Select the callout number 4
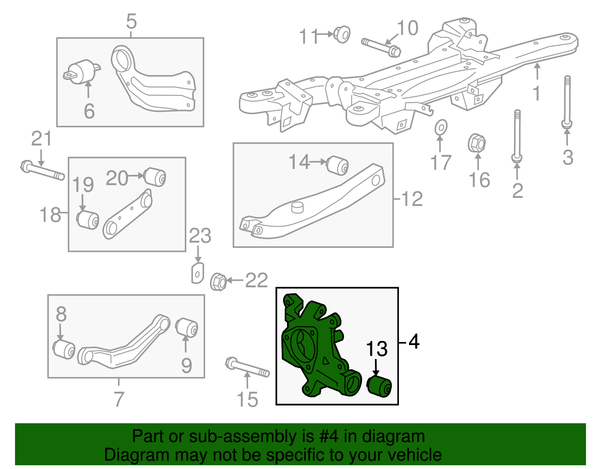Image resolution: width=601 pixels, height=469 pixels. (414, 342)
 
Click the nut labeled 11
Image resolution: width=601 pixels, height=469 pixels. (342, 34)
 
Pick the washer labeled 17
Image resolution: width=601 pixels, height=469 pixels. (441, 128)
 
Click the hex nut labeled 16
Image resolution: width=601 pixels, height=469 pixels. (477, 143)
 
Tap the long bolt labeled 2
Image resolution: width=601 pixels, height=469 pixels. (517, 135)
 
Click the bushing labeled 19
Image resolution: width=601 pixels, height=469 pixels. (88, 220)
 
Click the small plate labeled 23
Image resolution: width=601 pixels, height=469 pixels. (197, 273)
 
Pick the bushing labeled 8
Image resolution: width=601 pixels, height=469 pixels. (64, 349)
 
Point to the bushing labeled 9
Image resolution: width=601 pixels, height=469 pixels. (187, 327)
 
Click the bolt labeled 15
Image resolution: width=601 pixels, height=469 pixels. (247, 368)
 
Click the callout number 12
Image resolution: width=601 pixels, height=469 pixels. (412, 199)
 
